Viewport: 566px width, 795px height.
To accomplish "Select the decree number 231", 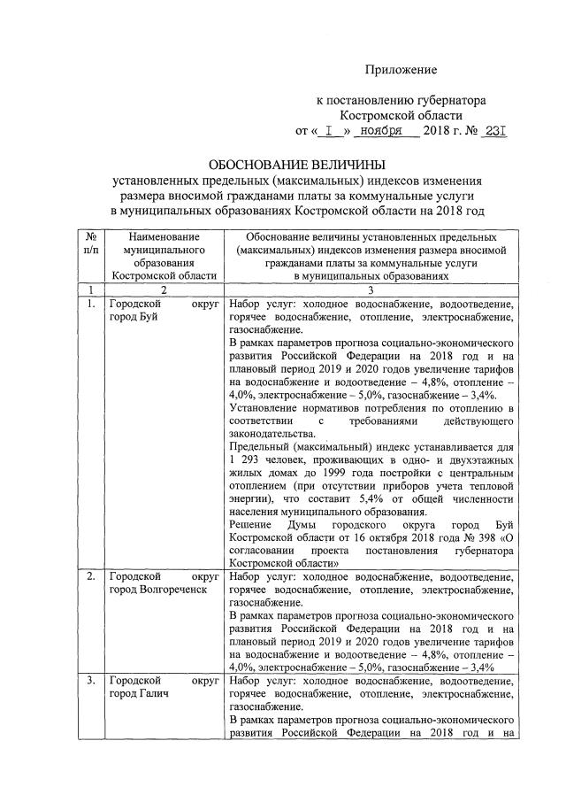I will [x=494, y=131].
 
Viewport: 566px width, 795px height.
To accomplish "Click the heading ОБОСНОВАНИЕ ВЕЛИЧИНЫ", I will [x=297, y=166].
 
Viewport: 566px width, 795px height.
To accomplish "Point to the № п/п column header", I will [x=91, y=243].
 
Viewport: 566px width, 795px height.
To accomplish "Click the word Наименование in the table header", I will [x=164, y=237].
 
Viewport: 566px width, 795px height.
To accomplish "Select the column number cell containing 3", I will [x=371, y=289].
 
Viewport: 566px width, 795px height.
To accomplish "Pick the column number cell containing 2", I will [x=164, y=289].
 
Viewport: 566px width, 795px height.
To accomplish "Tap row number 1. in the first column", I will [x=91, y=304].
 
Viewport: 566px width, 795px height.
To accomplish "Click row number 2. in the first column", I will [x=91, y=577].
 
